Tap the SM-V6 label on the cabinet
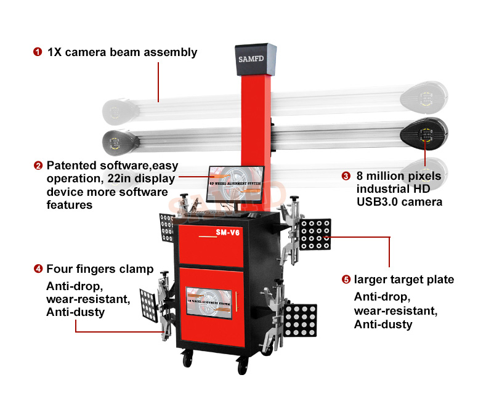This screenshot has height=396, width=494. [x=227, y=233]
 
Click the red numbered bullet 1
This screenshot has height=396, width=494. [x=38, y=52]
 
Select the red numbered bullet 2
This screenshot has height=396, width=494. [x=38, y=166]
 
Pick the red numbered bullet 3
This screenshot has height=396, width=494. [x=346, y=176]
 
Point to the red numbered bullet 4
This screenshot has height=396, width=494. [x=38, y=269]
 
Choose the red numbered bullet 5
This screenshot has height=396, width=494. [x=346, y=280]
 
